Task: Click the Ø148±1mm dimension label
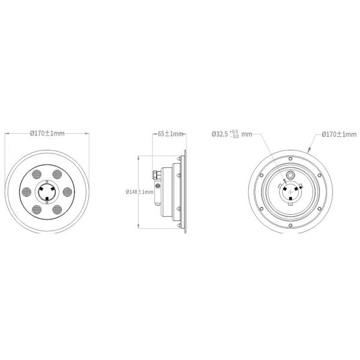(x=139, y=192)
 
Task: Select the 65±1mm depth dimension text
(x=170, y=134)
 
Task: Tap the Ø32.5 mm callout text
(x=232, y=134)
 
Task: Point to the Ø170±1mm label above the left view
(x=47, y=133)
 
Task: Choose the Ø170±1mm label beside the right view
(x=339, y=134)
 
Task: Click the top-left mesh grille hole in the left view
(x=37, y=175)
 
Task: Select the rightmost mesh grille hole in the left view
(x=67, y=192)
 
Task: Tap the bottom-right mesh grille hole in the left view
(x=57, y=209)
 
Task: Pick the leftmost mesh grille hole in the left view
(x=26, y=192)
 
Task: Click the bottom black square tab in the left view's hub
(x=47, y=199)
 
